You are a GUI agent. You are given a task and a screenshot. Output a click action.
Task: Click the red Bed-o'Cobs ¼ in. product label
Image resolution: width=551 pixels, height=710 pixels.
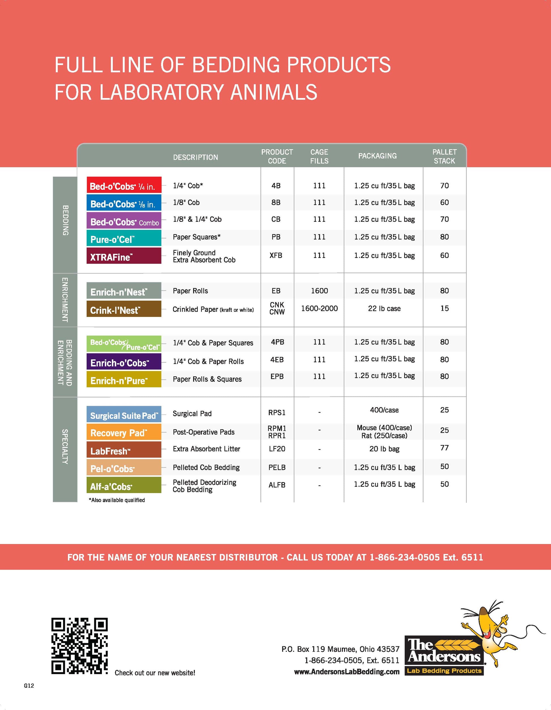point(124,185)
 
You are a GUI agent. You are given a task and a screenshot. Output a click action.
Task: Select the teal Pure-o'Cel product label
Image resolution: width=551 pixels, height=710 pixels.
point(124,238)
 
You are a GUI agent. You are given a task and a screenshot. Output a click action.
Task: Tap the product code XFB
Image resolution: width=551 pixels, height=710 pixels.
point(276,255)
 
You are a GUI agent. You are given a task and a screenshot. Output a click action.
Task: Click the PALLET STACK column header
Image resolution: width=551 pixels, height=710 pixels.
point(444,156)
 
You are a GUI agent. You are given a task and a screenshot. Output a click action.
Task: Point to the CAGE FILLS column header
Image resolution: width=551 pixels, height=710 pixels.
point(319,156)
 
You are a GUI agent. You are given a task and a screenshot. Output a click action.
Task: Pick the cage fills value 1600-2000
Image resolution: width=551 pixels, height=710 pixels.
point(319,308)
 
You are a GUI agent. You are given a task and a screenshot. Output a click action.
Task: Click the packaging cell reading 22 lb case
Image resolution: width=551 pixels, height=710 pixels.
point(384,308)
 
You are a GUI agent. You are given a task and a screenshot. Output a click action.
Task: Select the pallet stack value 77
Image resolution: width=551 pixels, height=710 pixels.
point(444,448)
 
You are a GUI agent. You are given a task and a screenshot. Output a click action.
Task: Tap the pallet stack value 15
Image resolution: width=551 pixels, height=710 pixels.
point(444,308)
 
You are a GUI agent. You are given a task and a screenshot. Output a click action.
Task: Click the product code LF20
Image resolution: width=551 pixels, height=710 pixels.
point(277,449)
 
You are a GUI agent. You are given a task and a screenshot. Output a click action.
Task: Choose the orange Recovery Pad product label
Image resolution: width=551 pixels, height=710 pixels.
point(124,432)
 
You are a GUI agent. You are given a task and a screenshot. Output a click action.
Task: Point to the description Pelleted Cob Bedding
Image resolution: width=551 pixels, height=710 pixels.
point(206,468)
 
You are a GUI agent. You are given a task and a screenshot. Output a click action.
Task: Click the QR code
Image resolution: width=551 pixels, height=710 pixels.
point(79,646)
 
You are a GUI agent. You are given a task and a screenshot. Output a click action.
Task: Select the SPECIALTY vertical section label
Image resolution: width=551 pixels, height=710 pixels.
point(65,447)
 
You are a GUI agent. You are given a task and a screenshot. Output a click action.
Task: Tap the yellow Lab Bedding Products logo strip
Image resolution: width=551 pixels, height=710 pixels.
point(444,671)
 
